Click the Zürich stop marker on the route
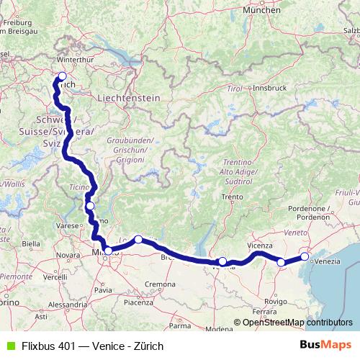pyautogui.click(x=62, y=76)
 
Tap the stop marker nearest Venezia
pyautogui.click(x=305, y=256)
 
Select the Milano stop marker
pyautogui.click(x=108, y=251)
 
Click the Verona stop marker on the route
pyautogui.click(x=222, y=261)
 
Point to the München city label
pyautogui.click(x=261, y=11)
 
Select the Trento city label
pyautogui.click(x=232, y=196)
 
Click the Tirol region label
pyautogui.click(x=232, y=87)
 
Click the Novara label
pyautogui.click(x=68, y=255)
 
